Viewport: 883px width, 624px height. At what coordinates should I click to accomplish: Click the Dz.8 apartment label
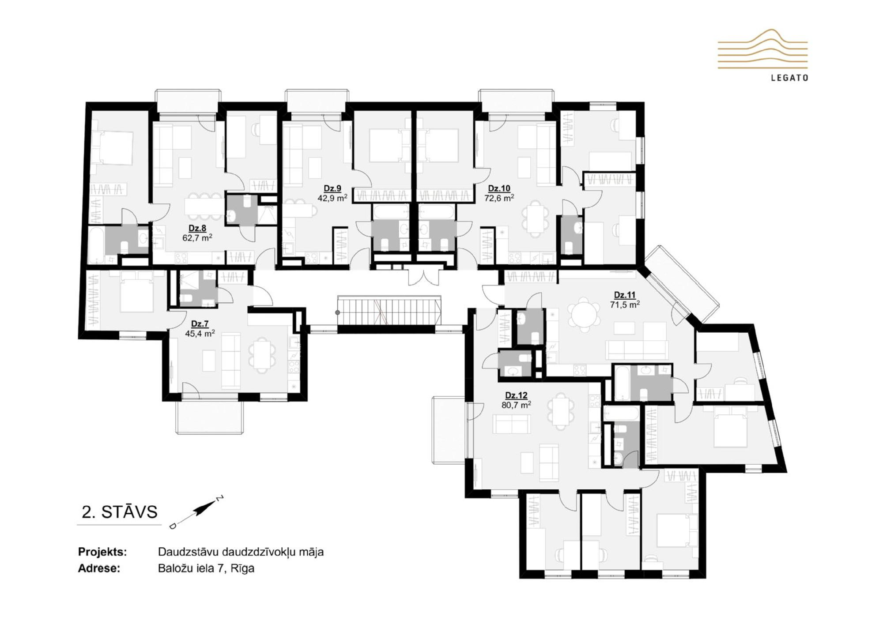(x=197, y=228)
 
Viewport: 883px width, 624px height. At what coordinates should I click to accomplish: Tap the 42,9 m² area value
(x=332, y=198)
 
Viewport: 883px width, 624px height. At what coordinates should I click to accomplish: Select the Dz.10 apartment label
(x=499, y=188)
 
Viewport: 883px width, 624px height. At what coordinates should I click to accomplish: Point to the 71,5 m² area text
(x=625, y=304)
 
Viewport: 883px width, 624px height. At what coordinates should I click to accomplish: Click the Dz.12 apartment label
(x=516, y=395)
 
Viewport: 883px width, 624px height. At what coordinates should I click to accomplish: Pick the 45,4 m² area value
(x=200, y=334)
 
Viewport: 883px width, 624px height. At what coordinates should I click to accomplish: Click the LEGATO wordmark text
(x=789, y=78)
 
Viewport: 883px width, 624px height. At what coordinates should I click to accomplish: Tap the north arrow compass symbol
(x=197, y=512)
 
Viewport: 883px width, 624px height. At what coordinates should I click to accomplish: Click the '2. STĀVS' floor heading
(x=120, y=512)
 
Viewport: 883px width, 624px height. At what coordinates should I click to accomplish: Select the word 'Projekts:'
(x=102, y=552)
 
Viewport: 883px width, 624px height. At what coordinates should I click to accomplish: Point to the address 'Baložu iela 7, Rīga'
(x=206, y=568)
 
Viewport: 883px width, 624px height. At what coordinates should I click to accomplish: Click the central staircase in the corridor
(x=389, y=312)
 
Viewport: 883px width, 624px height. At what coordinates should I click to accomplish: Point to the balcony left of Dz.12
(x=449, y=430)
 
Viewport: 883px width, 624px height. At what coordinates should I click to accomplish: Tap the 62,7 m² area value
(x=197, y=238)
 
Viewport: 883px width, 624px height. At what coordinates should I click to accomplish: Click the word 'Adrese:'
(x=99, y=568)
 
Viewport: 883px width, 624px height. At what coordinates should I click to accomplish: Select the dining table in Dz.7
(x=262, y=356)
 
